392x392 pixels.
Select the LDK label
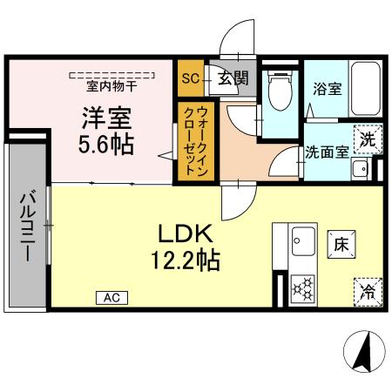[186, 233]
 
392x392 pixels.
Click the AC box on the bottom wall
[112, 298]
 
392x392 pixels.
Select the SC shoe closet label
[190, 78]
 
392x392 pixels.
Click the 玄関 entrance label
[231, 78]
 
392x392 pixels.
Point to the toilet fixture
[280, 91]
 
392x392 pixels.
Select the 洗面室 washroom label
[327, 151]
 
